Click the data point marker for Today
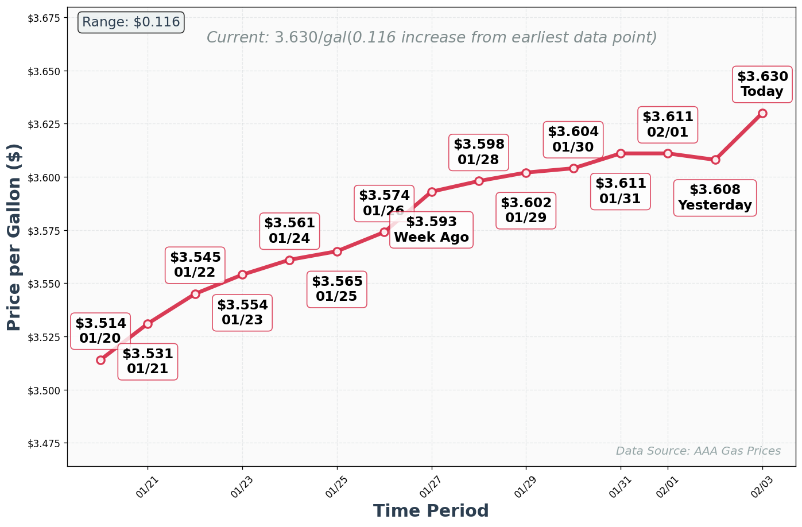tap(762, 113)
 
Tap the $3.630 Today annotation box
tap(762, 84)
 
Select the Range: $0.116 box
tap(131, 22)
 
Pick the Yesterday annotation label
tap(715, 197)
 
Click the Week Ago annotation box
tap(431, 230)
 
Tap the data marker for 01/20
tap(100, 360)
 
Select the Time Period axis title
tap(431, 511)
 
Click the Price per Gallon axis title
tap(14, 237)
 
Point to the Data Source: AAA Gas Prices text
tap(698, 451)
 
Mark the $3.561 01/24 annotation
tap(289, 231)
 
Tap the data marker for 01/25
tap(337, 251)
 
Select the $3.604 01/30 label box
tap(573, 139)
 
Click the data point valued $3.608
tap(715, 160)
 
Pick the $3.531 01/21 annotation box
tap(148, 362)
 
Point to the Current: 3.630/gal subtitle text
tap(431, 38)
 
